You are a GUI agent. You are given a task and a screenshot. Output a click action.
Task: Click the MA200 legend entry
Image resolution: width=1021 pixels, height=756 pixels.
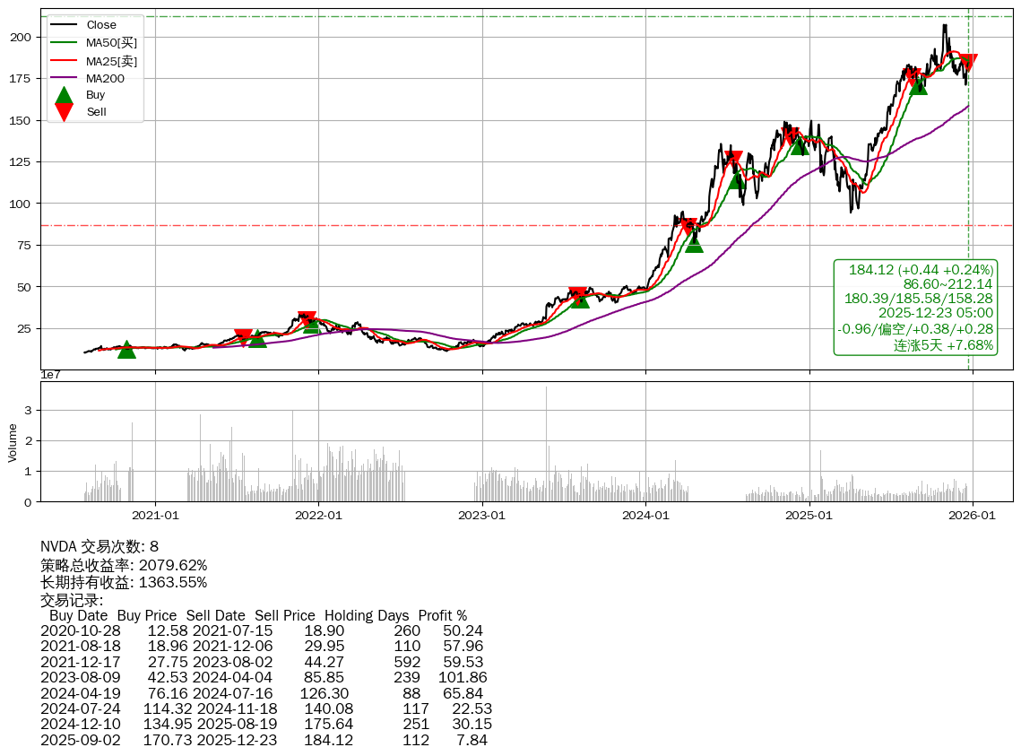click(x=105, y=78)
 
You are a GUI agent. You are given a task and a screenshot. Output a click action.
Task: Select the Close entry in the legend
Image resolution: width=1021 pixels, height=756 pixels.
click(x=101, y=25)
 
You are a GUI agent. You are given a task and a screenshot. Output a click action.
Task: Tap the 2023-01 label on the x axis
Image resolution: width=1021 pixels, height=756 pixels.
click(x=482, y=516)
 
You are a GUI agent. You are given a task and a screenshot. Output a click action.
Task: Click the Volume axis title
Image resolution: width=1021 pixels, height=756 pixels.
click(x=13, y=442)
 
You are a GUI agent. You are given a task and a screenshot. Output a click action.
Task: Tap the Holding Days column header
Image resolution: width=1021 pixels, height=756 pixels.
click(x=367, y=616)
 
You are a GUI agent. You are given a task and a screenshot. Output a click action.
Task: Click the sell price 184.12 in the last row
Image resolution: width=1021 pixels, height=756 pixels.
click(x=329, y=741)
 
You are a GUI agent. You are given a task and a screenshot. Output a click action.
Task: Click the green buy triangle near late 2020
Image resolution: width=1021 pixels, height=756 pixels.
click(x=126, y=350)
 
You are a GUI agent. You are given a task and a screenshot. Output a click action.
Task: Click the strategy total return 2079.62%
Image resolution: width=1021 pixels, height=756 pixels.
click(x=173, y=566)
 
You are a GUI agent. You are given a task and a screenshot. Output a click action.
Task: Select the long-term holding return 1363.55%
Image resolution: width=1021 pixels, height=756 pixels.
click(x=173, y=583)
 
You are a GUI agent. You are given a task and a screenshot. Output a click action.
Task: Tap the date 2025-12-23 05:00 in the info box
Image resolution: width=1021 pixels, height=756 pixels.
click(x=936, y=313)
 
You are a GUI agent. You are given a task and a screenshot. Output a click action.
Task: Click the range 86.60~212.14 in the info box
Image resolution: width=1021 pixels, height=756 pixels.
click(x=948, y=284)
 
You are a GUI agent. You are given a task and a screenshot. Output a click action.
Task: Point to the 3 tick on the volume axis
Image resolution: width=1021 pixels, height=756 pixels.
click(x=29, y=411)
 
